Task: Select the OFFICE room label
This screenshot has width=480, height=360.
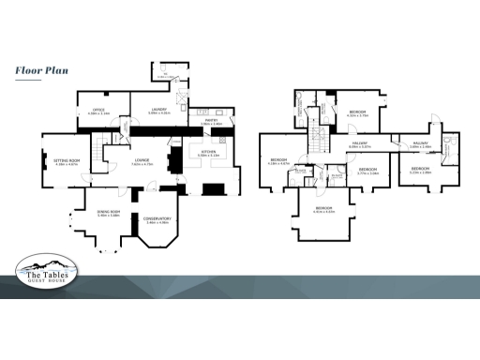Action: [98, 112]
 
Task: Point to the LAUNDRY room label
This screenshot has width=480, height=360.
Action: [157, 112]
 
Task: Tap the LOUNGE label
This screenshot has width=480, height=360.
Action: [142, 162]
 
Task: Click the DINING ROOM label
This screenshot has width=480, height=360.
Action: [110, 214]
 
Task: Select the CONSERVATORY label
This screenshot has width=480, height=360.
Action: [157, 220]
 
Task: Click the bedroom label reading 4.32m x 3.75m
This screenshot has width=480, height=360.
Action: [357, 113]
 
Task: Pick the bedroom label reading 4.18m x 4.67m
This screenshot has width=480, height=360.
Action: [280, 162]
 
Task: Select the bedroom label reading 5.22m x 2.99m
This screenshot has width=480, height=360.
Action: [419, 171]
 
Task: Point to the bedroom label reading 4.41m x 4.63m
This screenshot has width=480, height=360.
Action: [323, 209]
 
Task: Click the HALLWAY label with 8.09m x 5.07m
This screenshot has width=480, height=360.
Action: [360, 144]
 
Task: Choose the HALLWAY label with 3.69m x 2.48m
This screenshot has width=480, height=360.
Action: [420, 144]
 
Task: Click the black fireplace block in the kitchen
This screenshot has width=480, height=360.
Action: [215, 188]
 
